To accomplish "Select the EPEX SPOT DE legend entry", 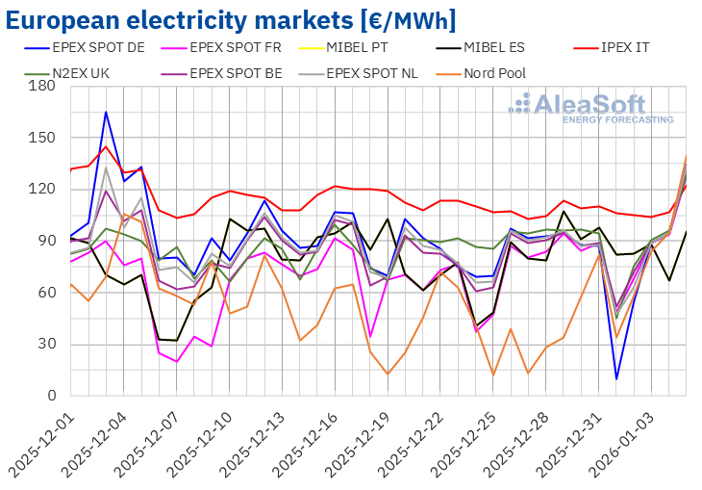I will (102, 45).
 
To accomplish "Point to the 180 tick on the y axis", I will (41, 87).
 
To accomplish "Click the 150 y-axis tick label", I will (41, 138).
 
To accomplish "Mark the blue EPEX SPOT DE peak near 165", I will (106, 112).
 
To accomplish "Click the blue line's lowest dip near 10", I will (616, 378).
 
